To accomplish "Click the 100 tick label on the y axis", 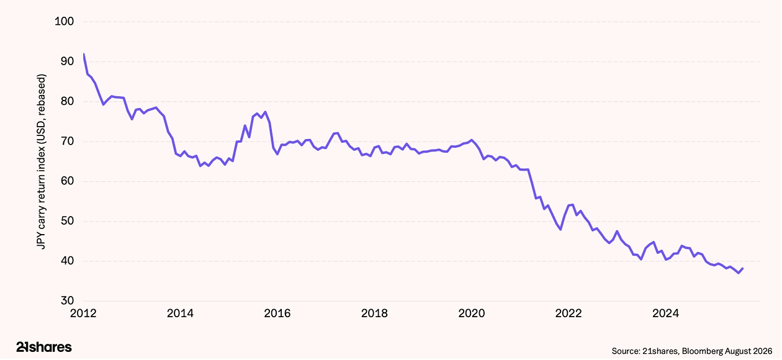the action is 65,22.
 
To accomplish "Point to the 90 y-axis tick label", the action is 67,61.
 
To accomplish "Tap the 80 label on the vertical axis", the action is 67,101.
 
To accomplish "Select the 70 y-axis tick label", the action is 67,141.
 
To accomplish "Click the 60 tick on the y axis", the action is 67,181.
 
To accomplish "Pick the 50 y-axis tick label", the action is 67,221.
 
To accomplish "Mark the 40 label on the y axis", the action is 67,261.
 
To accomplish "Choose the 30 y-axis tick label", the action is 67,300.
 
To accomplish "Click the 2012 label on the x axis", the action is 83,313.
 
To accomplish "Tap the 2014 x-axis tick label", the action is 180,313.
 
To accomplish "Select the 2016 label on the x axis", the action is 277,313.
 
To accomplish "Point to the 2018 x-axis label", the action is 374,313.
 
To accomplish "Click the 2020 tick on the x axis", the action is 471,313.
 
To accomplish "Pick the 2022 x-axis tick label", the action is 569,313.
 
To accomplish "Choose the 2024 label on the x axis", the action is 665,313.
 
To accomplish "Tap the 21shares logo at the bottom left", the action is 44,347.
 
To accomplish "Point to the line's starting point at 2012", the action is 84,54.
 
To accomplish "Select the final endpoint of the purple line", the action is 742,269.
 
